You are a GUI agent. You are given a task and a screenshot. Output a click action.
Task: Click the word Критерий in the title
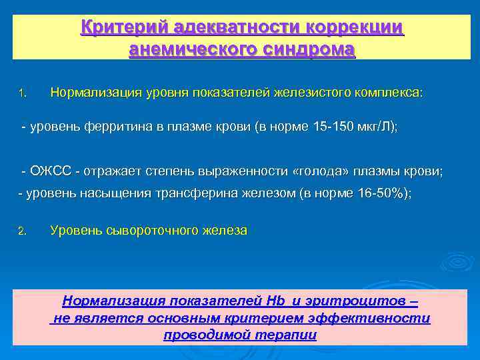click(x=124, y=28)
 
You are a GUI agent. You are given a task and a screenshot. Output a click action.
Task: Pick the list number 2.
click(x=21, y=231)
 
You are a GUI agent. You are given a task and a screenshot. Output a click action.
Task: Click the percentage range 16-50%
click(x=383, y=193)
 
